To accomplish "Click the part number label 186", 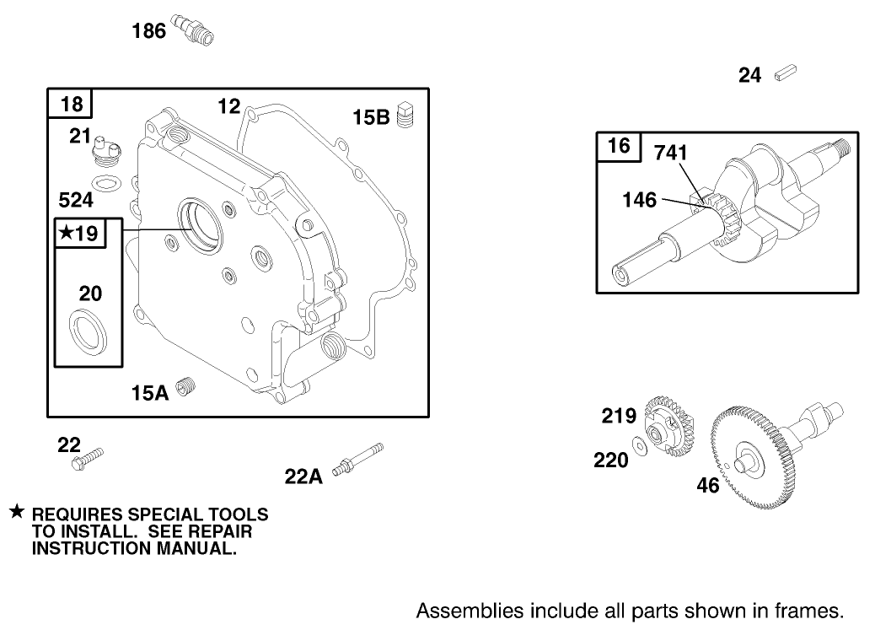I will [148, 32].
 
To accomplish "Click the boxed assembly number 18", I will [72, 105].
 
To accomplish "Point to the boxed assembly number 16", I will [619, 146].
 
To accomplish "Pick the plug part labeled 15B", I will [408, 116].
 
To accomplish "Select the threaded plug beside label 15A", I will [188, 388].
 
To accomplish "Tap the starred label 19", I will [81, 234].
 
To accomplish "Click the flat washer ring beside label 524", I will [105, 183].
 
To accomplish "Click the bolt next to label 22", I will [92, 457].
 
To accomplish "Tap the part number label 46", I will [708, 486].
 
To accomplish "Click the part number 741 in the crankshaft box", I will [671, 153].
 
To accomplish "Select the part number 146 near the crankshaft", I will [639, 200].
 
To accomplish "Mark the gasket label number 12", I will [229, 106].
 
